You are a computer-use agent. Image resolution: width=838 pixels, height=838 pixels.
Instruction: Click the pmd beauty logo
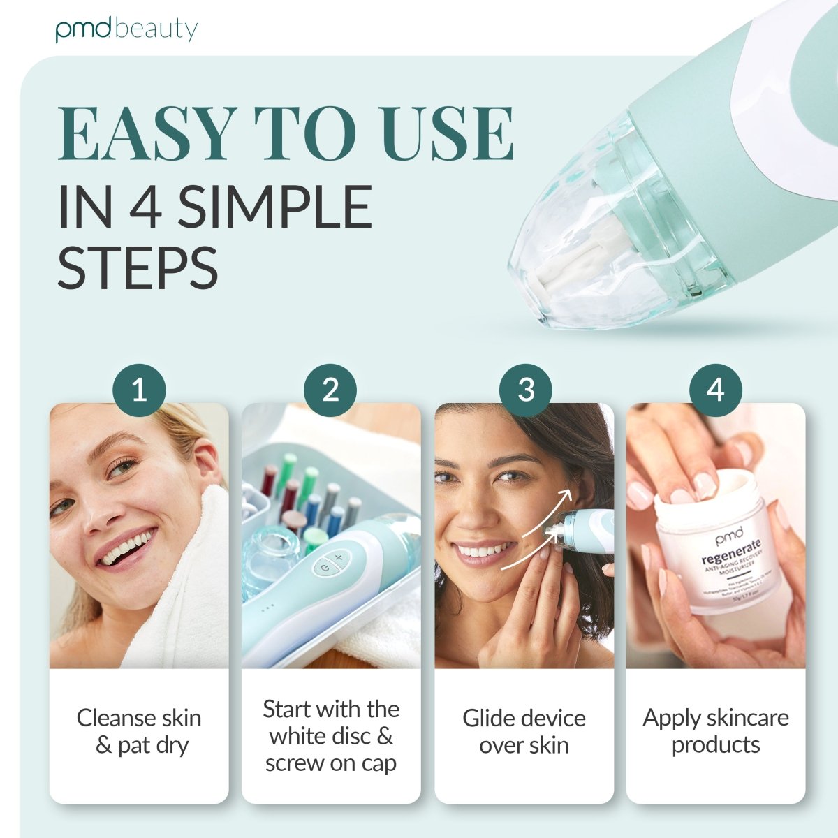pyautogui.click(x=126, y=29)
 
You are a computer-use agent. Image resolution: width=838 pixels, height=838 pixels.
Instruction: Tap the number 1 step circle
pyautogui.click(x=139, y=390)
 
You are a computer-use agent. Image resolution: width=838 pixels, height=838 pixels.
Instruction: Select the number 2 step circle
pyautogui.click(x=330, y=390)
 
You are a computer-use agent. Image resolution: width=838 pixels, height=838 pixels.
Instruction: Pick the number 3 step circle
pyautogui.click(x=526, y=390)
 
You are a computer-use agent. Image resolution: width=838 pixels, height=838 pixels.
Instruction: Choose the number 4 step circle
pyautogui.click(x=715, y=390)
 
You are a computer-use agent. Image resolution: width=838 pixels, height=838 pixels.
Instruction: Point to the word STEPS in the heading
pyautogui.click(x=138, y=268)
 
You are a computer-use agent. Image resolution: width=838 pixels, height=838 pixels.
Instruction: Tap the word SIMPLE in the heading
pyautogui.click(x=274, y=207)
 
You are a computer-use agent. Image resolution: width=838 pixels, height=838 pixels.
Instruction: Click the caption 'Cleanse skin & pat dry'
pyautogui.click(x=139, y=731)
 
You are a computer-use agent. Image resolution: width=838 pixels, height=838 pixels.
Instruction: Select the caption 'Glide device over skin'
pyautogui.click(x=524, y=731)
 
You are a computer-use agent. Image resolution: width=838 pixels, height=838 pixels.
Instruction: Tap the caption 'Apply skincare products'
pyautogui.click(x=716, y=730)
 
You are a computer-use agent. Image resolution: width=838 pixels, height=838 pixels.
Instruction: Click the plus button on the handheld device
pyautogui.click(x=339, y=558)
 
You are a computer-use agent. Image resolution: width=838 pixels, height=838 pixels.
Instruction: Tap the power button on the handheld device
pyautogui.click(x=324, y=568)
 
